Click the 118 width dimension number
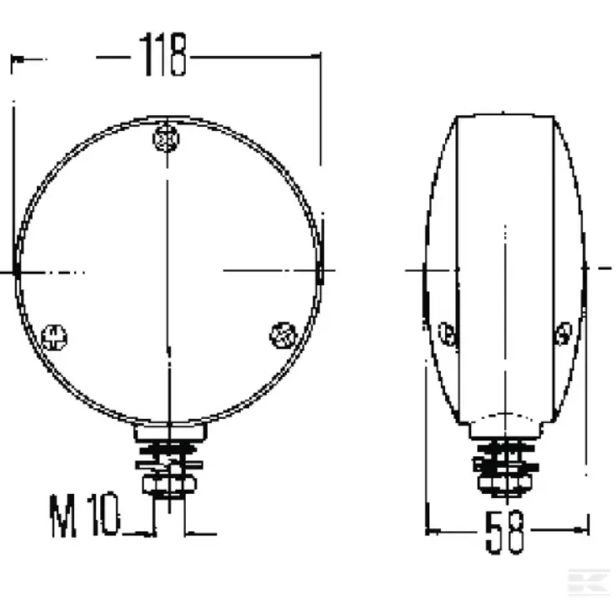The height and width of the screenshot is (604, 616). point(163,54)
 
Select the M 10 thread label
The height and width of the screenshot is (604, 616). point(84,515)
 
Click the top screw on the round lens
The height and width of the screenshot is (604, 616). point(166,138)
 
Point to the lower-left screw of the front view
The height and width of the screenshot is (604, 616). point(54,337)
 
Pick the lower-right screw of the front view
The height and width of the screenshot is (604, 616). point(283,335)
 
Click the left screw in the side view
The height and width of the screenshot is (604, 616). point(447,334)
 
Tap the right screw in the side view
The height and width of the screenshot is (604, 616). point(564,334)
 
